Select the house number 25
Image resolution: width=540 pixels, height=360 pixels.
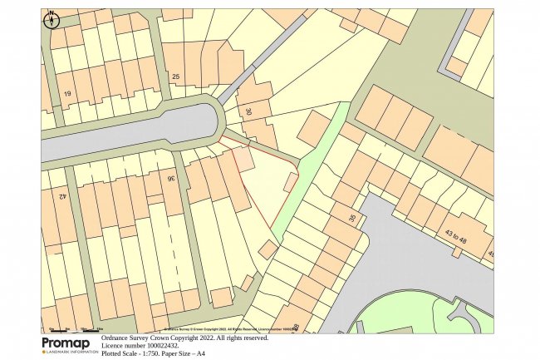click(x=174, y=77)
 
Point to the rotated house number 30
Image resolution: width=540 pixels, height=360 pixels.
click(x=248, y=111)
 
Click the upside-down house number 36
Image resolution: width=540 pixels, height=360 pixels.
click(x=171, y=178)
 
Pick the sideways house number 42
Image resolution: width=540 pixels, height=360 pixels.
click(x=62, y=198)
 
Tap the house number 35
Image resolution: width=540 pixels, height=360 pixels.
click(x=352, y=219)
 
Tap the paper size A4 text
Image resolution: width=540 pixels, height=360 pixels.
click(x=199, y=354)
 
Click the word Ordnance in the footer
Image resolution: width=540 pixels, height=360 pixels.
click(x=115, y=338)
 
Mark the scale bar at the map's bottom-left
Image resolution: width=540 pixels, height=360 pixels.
click(x=71, y=329)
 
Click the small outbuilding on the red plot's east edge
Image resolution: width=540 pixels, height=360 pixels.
click(x=291, y=182)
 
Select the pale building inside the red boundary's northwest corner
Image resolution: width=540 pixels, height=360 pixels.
click(x=243, y=159)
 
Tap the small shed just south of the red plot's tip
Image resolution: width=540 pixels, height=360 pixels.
click(x=268, y=249)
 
